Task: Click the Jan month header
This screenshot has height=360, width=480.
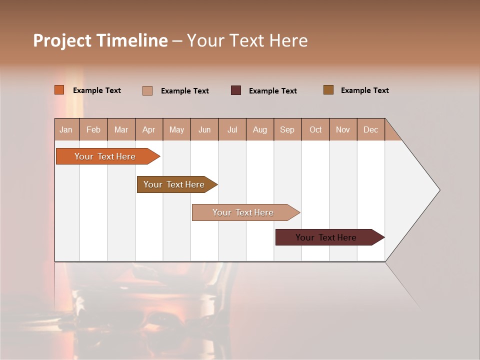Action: coord(66,129)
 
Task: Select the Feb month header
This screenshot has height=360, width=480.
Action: coord(93,129)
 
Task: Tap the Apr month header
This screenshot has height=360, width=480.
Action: coord(149,129)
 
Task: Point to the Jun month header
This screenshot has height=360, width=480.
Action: coord(204,129)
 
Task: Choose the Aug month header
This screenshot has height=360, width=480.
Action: coord(260,129)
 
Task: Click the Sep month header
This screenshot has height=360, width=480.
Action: coord(287,129)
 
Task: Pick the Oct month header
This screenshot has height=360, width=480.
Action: coord(315,129)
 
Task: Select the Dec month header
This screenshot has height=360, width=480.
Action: coord(371,129)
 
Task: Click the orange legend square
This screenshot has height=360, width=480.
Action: coord(59,90)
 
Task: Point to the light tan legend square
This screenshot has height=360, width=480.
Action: coord(147,90)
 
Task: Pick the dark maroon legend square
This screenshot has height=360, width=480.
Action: coord(236,90)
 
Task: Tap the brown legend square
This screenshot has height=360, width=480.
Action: coord(328,90)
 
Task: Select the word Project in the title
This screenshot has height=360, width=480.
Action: coord(62,40)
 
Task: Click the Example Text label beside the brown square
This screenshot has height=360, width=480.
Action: coord(364,90)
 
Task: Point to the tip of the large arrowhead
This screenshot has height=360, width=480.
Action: coord(439,190)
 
